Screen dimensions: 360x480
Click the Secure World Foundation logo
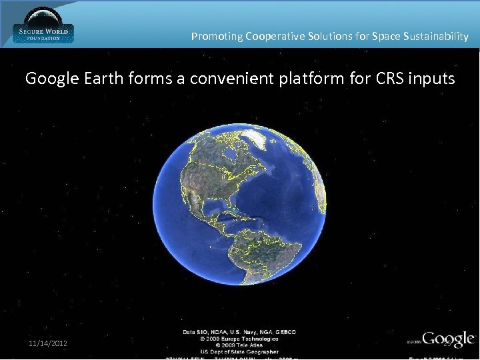pyautogui.click(x=43, y=25)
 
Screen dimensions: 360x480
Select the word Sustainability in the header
pyautogui.click(x=436, y=37)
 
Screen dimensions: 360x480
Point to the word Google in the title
pyautogui.click(x=53, y=79)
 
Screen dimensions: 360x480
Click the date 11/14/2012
pyautogui.click(x=47, y=343)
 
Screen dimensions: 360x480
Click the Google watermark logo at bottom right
pyautogui.click(x=448, y=339)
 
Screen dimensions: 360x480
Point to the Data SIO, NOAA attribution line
pyautogui.click(x=240, y=331)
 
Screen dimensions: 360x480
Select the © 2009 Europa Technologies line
pyautogui.click(x=240, y=339)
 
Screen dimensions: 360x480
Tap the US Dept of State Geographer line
pyautogui.click(x=240, y=351)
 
